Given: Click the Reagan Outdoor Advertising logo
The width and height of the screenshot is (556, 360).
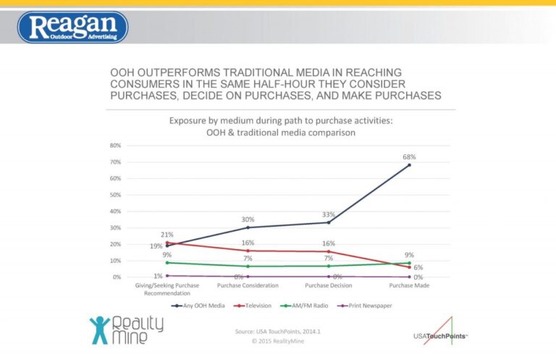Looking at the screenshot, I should [72, 27].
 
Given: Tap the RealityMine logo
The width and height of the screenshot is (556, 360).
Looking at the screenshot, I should [127, 329].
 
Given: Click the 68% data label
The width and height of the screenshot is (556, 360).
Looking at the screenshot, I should [409, 156].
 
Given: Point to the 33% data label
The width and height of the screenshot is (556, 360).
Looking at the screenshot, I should [329, 214].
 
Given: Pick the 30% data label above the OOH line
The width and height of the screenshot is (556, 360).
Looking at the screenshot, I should [248, 219].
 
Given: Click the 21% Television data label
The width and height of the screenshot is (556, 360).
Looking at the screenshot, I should [168, 233].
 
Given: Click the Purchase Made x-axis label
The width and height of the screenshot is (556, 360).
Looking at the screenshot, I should [409, 285].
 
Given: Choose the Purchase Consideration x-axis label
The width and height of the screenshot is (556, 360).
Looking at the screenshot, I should [248, 285].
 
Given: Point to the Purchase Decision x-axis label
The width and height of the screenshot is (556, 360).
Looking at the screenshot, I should [329, 285].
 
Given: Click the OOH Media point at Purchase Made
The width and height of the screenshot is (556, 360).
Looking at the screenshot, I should [409, 165].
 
